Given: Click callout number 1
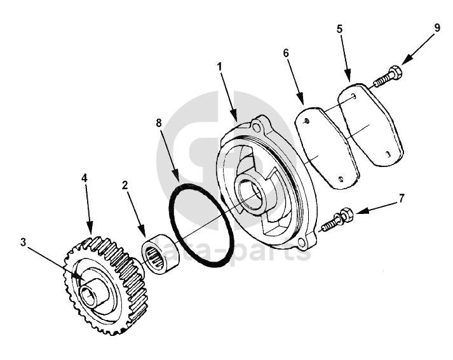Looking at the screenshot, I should pyautogui.click(x=220, y=67).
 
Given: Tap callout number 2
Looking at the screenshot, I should pyautogui.click(x=126, y=185).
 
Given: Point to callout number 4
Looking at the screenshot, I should pyautogui.click(x=84, y=179).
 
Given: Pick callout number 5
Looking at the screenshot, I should pyautogui.click(x=340, y=30).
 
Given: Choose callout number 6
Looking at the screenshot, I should pyautogui.click(x=287, y=53).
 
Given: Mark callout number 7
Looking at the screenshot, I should pyautogui.click(x=402, y=199).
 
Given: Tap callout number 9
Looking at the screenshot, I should pyautogui.click(x=437, y=28).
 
